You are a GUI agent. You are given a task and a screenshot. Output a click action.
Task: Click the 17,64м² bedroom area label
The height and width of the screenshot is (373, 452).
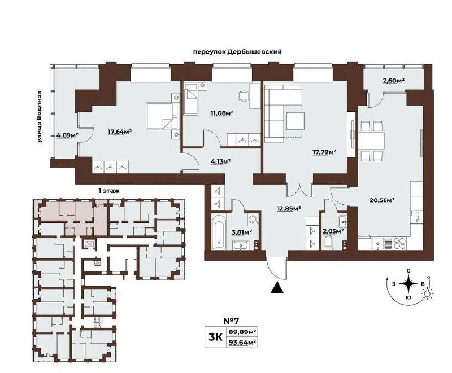click(120, 131)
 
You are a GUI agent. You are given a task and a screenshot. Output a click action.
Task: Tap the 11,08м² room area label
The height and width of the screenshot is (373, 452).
click(222, 113)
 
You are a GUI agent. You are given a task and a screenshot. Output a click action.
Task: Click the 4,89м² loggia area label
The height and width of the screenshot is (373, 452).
click(68, 135)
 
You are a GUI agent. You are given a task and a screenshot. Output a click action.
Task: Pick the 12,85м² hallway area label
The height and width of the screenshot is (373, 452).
click(289, 208)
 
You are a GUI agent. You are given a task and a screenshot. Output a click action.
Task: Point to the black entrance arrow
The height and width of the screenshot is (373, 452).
click(277, 288)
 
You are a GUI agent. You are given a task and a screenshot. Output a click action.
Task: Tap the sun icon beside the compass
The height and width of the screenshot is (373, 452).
click(427, 295)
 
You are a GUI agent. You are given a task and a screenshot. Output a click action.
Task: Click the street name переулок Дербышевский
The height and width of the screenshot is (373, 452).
click(237, 52)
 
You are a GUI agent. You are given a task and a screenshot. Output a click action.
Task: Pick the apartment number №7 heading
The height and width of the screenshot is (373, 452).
click(232, 320)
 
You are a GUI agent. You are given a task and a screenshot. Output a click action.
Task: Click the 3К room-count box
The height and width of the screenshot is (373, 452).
click(215, 337)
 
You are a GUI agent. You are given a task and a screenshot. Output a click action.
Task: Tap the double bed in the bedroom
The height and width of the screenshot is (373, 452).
click(162, 116)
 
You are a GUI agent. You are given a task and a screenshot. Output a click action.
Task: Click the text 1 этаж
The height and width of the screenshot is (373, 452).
click(109, 191)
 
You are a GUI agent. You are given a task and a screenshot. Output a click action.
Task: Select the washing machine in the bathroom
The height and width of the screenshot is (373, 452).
click(253, 220)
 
